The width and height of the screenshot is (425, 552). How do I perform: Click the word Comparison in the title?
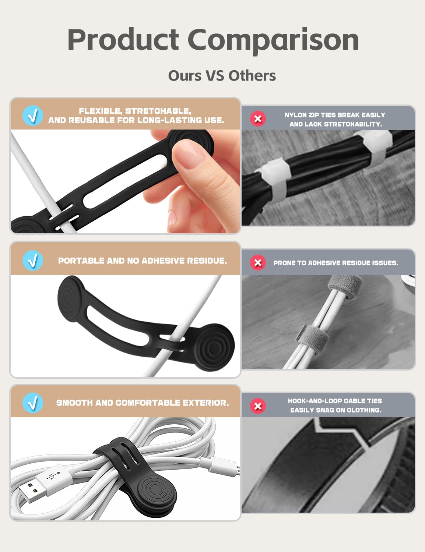(273, 40)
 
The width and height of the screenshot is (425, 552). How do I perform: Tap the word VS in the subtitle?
(215, 75)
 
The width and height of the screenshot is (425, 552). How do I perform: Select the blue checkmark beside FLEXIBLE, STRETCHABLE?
(32, 116)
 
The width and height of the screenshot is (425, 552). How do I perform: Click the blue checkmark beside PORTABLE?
(32, 261)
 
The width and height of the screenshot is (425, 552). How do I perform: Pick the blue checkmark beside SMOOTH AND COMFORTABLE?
(32, 403)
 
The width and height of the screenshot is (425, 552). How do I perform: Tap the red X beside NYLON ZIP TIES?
(258, 118)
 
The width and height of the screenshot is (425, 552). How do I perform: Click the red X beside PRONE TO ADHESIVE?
(258, 262)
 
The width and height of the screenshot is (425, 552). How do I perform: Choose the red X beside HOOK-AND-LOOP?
(258, 406)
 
